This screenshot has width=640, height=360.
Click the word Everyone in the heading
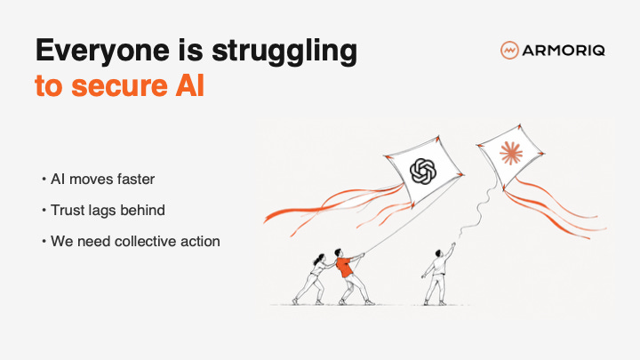pos(102,52)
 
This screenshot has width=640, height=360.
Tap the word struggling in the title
pos(284,52)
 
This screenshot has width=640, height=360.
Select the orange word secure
pos(120,86)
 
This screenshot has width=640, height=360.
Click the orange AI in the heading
pos(190,85)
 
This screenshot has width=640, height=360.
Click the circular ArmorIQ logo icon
pos(509,50)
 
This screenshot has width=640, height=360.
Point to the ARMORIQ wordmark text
pos(564,51)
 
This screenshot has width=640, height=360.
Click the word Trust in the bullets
pos(68,210)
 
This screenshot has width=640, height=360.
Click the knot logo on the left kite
pos(423,171)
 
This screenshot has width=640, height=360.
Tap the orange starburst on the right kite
pos(511,153)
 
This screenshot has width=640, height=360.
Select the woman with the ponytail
pos(314,279)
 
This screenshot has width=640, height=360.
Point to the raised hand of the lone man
pos(453,245)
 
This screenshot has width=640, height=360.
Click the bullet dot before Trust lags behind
pos(44,210)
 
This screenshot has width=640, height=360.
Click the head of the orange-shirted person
pos(338,252)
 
